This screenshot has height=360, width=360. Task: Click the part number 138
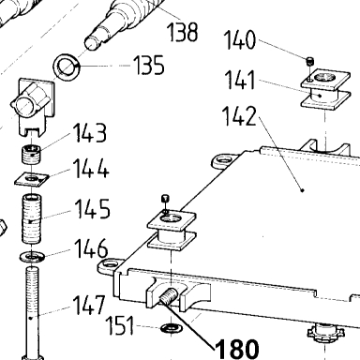[183, 32]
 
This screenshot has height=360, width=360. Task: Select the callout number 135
[149, 65]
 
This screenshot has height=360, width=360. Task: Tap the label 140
[240, 40]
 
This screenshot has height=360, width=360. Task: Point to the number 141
[240, 80]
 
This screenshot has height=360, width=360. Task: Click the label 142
[239, 116]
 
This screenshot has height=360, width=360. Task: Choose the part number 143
[90, 133]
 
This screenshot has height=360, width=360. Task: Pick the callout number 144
[91, 169]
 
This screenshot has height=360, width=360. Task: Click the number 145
[93, 209]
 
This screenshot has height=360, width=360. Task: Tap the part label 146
[91, 248]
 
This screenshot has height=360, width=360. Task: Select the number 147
[89, 305]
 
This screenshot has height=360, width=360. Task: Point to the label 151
[121, 325]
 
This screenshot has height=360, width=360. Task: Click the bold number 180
[237, 349]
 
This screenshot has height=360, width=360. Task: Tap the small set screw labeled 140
[309, 61]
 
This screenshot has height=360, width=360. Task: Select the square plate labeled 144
[32, 179]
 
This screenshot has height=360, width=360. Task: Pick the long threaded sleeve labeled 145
[32, 219]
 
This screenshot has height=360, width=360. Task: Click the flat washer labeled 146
[32, 257]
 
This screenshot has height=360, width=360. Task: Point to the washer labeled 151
[170, 328]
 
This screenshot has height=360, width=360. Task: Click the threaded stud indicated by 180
[169, 297]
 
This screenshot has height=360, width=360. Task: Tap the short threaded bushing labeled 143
[32, 154]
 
